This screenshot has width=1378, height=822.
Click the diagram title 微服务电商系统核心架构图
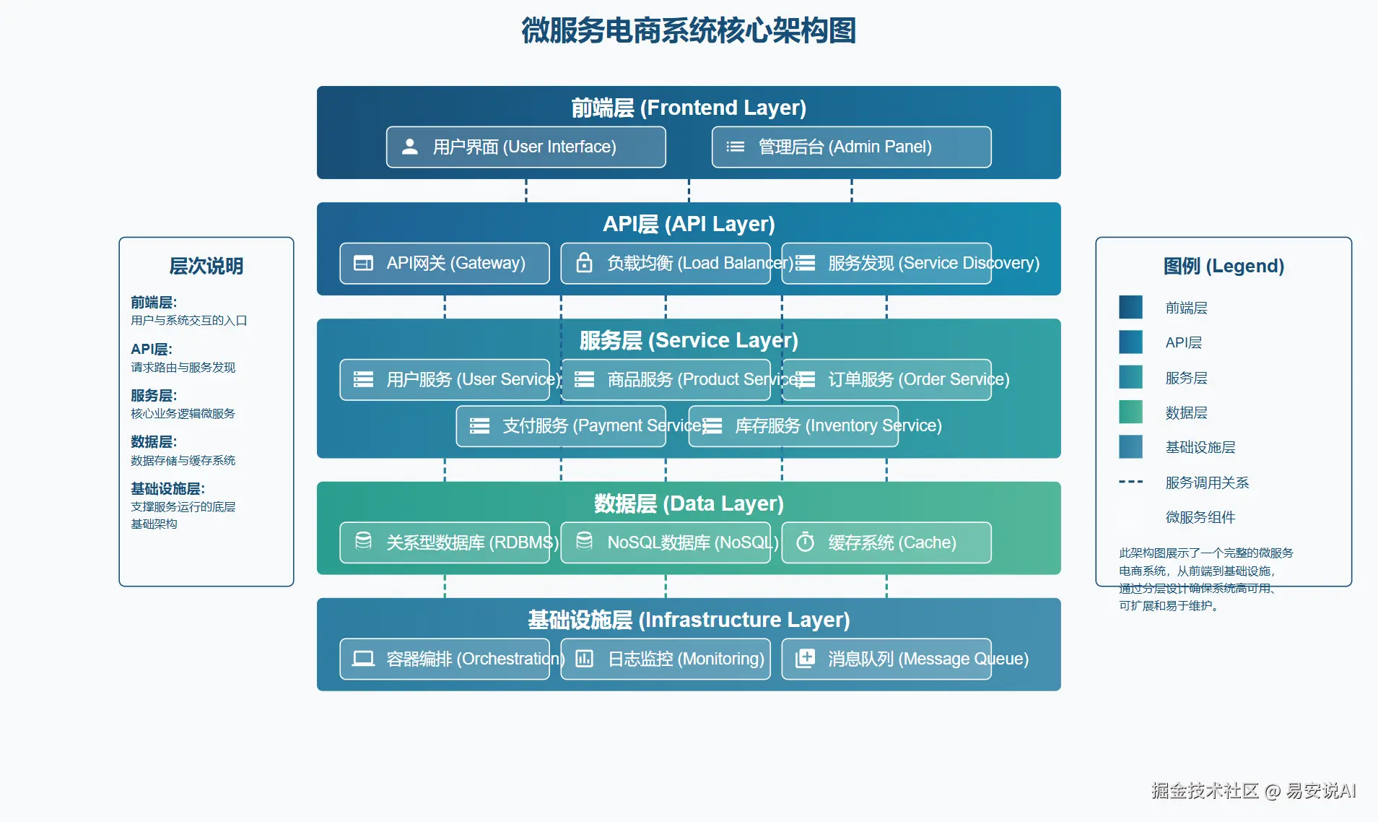689,31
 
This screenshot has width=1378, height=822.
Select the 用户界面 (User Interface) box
526,147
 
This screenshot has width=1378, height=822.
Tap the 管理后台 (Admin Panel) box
851,147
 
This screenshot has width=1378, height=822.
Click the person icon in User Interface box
410,147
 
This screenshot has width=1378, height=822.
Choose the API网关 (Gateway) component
444,264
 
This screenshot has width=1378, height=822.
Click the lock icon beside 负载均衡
584,263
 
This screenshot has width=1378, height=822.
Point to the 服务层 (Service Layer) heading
689,340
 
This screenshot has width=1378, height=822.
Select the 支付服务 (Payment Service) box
560,426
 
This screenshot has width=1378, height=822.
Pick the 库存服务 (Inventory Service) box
793,426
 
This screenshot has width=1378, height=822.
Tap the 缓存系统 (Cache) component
886,542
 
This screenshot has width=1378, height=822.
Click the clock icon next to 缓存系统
805,542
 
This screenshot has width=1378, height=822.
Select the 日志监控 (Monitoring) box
665,659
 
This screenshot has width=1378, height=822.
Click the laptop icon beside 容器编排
363,659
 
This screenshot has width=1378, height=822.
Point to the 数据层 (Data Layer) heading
689,503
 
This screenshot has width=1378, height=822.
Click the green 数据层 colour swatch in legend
1130,412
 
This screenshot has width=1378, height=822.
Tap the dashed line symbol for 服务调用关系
1130,482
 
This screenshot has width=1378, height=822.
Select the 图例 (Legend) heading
1224,266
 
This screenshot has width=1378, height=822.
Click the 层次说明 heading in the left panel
206,266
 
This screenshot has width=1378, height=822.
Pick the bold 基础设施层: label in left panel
167,489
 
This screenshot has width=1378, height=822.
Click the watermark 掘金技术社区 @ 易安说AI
1253,791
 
